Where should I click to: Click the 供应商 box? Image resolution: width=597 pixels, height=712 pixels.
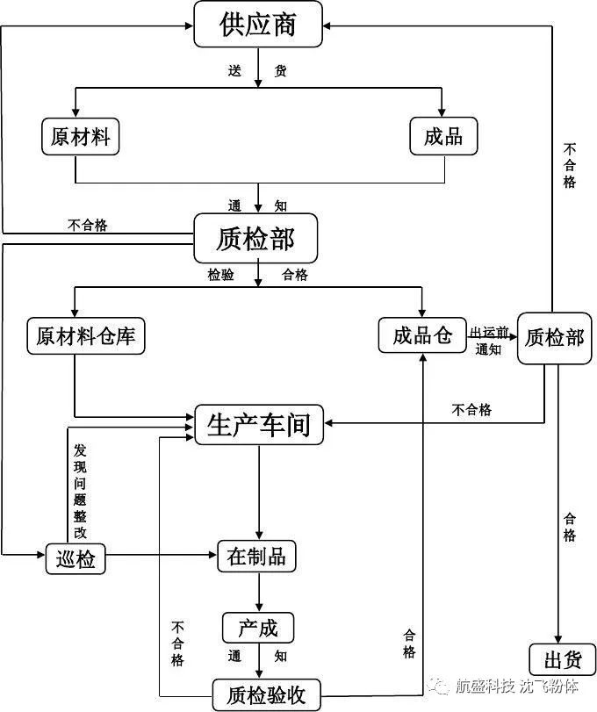[x=258, y=25]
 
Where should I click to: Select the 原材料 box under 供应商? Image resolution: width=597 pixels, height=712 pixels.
[x=80, y=137]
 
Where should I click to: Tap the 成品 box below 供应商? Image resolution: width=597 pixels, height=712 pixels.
[x=442, y=137]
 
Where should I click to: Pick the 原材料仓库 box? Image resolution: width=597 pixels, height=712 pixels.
[x=85, y=335]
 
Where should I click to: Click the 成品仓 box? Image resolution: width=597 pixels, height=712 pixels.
[x=422, y=334]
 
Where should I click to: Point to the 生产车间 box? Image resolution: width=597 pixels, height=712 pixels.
[x=258, y=425]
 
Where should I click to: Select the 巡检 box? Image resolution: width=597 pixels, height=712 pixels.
[x=75, y=558]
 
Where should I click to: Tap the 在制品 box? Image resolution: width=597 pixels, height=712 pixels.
[x=256, y=557]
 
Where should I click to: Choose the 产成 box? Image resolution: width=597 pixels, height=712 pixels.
[x=257, y=628]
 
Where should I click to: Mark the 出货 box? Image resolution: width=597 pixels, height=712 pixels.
[x=562, y=659]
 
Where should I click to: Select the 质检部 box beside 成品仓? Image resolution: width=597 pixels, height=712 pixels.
[x=554, y=336]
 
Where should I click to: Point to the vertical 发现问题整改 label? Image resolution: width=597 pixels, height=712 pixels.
[x=80, y=489]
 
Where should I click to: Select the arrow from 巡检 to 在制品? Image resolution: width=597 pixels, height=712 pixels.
[x=162, y=556]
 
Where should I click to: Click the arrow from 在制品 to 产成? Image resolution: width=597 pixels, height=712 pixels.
[x=258, y=593]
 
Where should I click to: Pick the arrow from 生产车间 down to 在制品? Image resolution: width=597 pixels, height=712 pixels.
[x=258, y=492]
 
